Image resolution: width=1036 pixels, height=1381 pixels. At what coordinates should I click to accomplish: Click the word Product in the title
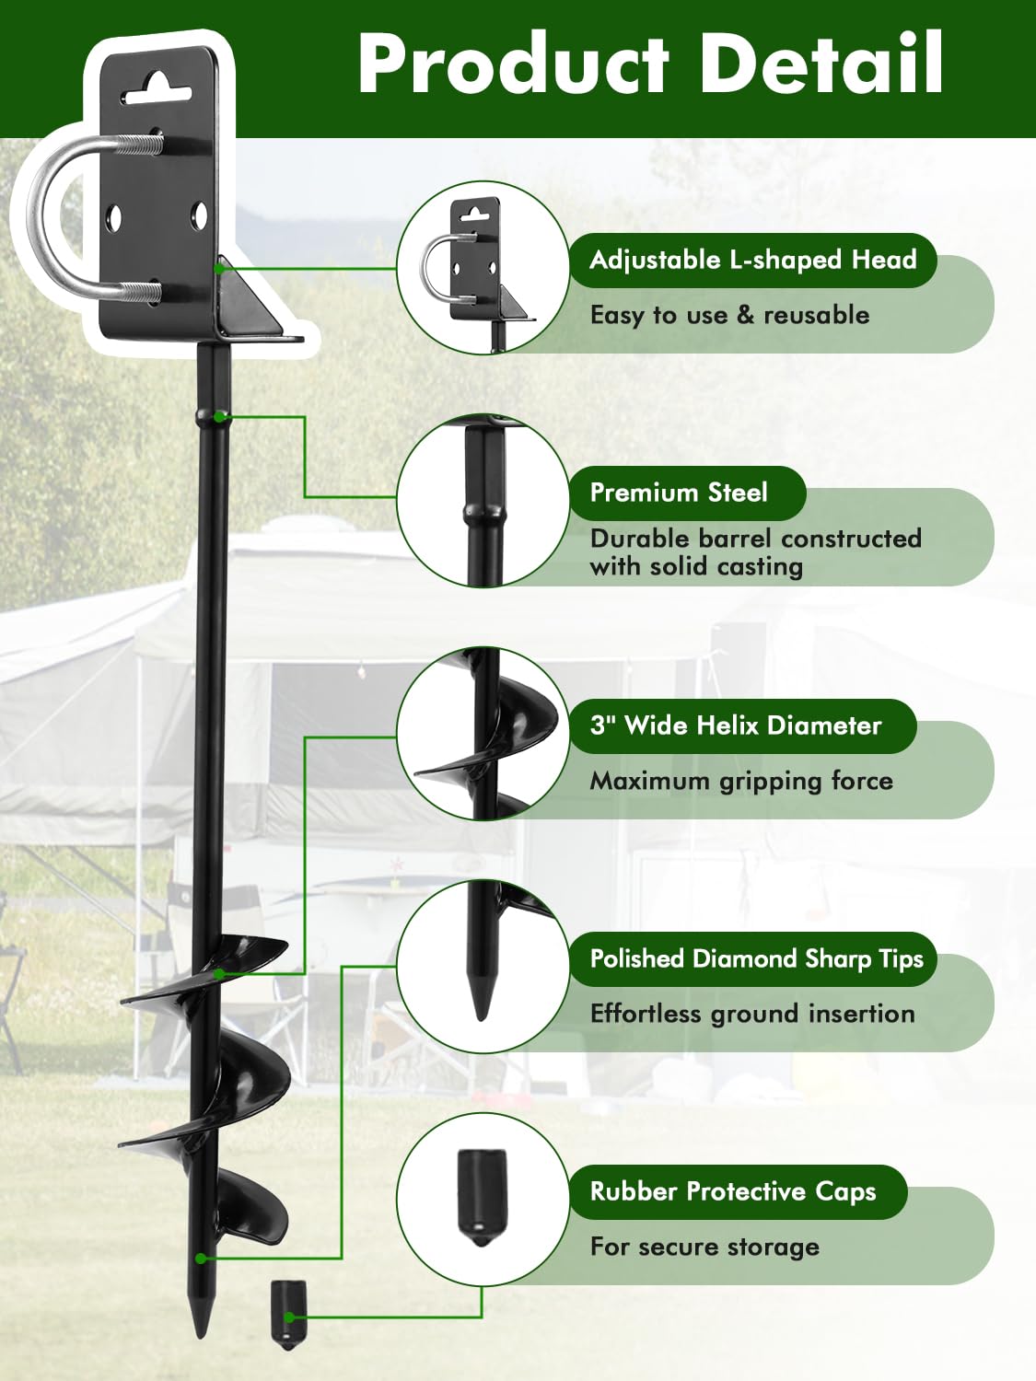click(513, 64)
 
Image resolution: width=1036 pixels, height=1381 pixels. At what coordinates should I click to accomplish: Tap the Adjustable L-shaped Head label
click(753, 260)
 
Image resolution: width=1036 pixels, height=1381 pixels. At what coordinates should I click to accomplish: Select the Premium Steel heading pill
click(688, 493)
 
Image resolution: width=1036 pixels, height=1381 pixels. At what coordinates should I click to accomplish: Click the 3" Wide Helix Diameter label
click(743, 726)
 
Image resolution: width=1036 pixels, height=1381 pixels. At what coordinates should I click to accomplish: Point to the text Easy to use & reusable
click(729, 315)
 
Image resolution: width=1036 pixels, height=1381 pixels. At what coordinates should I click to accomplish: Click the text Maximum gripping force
click(741, 782)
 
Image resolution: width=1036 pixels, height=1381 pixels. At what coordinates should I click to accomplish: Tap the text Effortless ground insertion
click(752, 1014)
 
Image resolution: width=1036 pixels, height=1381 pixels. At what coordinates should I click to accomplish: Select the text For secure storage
click(704, 1247)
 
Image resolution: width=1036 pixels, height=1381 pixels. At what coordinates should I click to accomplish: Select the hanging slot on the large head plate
click(157, 90)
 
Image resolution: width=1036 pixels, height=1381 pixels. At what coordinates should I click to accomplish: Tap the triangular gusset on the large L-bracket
click(250, 296)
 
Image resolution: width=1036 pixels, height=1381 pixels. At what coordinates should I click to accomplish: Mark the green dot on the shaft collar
click(219, 416)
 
